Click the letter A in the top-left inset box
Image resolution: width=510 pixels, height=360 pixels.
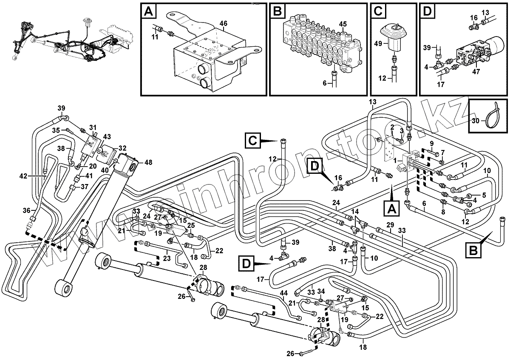tap(148, 11)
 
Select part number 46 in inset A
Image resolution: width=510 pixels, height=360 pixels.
tap(223, 23)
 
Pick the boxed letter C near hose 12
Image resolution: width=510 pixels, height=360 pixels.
tap(252, 140)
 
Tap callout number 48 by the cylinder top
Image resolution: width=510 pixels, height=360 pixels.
tap(148, 162)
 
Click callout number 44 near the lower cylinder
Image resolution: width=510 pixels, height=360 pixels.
tap(283, 293)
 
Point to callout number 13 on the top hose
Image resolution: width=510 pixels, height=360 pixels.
tap(372, 102)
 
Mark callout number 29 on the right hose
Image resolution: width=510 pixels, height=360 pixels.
tap(390, 224)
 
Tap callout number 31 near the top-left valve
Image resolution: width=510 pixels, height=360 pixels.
tap(93, 127)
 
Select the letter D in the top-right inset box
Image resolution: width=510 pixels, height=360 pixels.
tap(427, 11)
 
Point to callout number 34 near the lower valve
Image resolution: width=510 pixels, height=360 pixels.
tap(321, 291)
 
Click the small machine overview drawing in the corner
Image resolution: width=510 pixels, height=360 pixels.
tap(68, 38)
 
